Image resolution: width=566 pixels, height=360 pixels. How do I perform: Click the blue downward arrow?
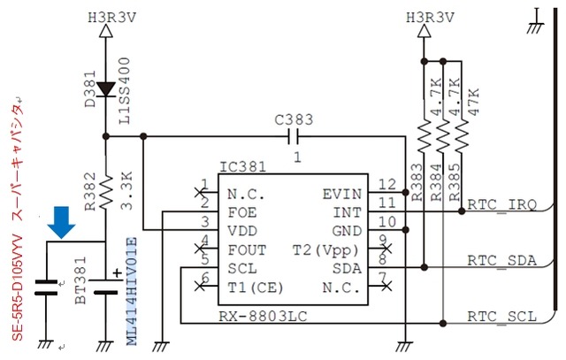61,222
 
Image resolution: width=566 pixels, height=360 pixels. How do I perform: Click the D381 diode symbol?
106,89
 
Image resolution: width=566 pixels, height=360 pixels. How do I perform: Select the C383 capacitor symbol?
293,136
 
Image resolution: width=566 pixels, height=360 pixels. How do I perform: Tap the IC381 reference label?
242,167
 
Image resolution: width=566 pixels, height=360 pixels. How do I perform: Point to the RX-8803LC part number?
264,317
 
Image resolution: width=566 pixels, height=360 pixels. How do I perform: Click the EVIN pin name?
342,195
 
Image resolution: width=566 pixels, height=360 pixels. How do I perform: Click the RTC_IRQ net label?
501,205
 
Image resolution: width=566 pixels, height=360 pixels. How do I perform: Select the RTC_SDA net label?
501,260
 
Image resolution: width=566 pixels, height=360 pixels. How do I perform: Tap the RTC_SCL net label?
501,317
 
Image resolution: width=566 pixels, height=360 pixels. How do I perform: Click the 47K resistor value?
473,102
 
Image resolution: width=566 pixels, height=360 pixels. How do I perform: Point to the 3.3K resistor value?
127,191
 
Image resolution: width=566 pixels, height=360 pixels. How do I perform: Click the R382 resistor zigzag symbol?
106,193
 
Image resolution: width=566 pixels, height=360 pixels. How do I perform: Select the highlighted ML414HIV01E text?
132,291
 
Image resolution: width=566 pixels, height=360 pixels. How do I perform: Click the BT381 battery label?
80,280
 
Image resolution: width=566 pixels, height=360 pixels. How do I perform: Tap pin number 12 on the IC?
387,185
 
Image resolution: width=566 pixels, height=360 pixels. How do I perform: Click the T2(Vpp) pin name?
325,249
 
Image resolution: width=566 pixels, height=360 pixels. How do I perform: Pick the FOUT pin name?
247,249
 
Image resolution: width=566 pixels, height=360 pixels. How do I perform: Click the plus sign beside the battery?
118,273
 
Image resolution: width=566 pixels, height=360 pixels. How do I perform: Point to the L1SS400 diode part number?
125,91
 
